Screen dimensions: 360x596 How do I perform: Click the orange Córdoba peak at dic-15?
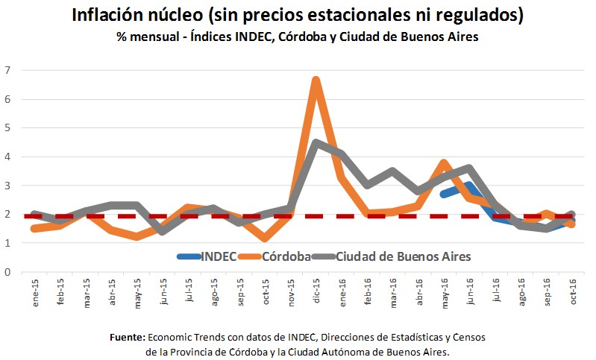click(x=316, y=80)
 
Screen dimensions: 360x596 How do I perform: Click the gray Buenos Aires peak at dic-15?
click(x=316, y=142)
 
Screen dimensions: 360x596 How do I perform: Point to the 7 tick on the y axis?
click(x=8, y=70)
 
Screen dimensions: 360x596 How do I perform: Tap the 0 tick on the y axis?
click(x=8, y=272)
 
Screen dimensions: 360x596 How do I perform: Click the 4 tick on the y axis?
click(x=8, y=157)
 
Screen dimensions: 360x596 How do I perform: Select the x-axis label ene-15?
click(x=35, y=294)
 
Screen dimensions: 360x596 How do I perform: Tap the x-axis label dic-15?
click(x=317, y=294)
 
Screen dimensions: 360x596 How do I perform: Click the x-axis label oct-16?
click(x=572, y=294)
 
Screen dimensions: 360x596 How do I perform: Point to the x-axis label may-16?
click(x=445, y=294)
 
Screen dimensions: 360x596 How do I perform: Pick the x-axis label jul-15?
click(x=189, y=294)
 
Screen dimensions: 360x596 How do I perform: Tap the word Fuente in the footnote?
click(x=129, y=337)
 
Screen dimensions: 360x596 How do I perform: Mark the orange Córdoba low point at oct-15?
click(x=265, y=239)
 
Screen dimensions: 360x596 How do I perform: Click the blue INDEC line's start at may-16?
click(x=444, y=194)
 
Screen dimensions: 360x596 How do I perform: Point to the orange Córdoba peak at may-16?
click(x=444, y=163)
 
